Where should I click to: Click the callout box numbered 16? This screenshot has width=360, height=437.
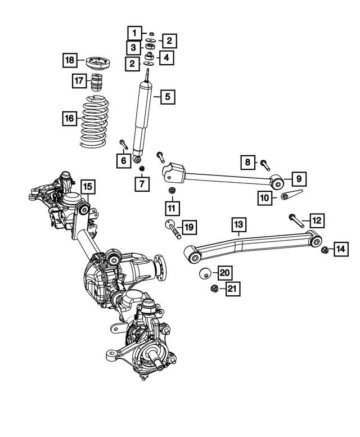tap(69, 119)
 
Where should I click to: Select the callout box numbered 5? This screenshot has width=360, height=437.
tap(167, 97)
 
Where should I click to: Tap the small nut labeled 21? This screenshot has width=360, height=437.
tap(214, 289)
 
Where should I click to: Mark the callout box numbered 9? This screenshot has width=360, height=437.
tap(299, 179)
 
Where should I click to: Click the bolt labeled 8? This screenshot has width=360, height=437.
tap(265, 165)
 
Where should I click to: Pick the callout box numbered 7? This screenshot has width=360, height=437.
tap(142, 183)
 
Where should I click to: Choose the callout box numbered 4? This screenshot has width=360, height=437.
tap(166, 57)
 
